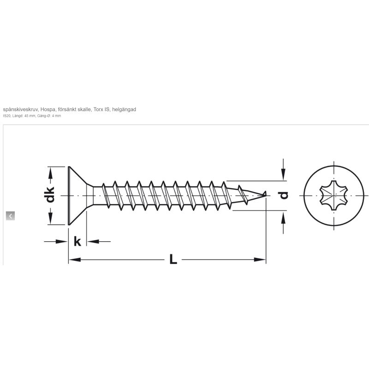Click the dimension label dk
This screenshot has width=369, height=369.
pyautogui.click(x=50, y=195)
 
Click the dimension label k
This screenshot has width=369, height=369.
pyautogui.click(x=77, y=241)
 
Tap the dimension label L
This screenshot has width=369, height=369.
pyautogui.click(x=173, y=259)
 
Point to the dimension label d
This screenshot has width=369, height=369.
pyautogui.click(x=283, y=195)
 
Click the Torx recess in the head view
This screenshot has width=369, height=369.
pyautogui.click(x=333, y=195)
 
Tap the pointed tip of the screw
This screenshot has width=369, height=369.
pyautogui.click(x=266, y=193)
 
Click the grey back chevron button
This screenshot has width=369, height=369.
pyautogui.click(x=10, y=216)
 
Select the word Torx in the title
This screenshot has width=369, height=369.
pyautogui.click(x=98, y=109)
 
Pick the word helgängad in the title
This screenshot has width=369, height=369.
pyautogui.click(x=124, y=109)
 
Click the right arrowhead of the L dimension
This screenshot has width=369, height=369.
pyautogui.click(x=260, y=260)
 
